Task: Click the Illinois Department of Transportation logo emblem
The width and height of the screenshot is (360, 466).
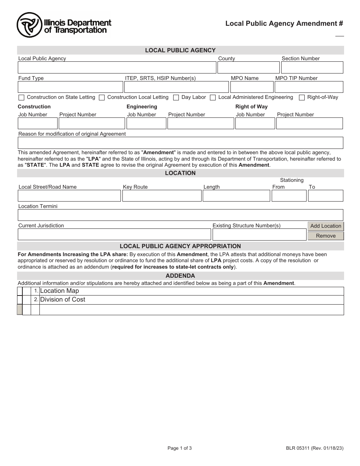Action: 29,25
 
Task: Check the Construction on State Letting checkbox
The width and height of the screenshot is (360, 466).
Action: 21,98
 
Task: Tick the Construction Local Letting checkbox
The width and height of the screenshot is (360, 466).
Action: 102,98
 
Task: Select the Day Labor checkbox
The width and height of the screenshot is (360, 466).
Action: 176,98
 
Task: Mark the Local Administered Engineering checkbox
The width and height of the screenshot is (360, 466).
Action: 213,98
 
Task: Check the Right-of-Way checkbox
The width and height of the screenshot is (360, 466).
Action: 302,98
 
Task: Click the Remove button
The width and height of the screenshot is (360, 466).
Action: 326,236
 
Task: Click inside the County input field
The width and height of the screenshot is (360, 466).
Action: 248,67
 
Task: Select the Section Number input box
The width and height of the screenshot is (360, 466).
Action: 312,67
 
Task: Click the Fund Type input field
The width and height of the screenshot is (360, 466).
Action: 70,87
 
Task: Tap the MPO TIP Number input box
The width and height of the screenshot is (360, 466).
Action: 309,87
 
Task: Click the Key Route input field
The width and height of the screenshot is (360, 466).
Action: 162,196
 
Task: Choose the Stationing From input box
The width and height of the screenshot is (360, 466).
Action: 289,196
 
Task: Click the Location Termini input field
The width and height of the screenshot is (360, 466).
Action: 180,215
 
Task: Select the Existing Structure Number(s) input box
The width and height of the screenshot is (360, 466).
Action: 259,235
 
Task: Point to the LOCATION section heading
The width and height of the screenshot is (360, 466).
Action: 180,173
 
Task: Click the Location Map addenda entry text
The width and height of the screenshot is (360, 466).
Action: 59,291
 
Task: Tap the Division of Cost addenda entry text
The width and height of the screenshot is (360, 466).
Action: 63,299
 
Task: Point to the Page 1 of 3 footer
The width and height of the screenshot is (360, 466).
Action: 180,448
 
